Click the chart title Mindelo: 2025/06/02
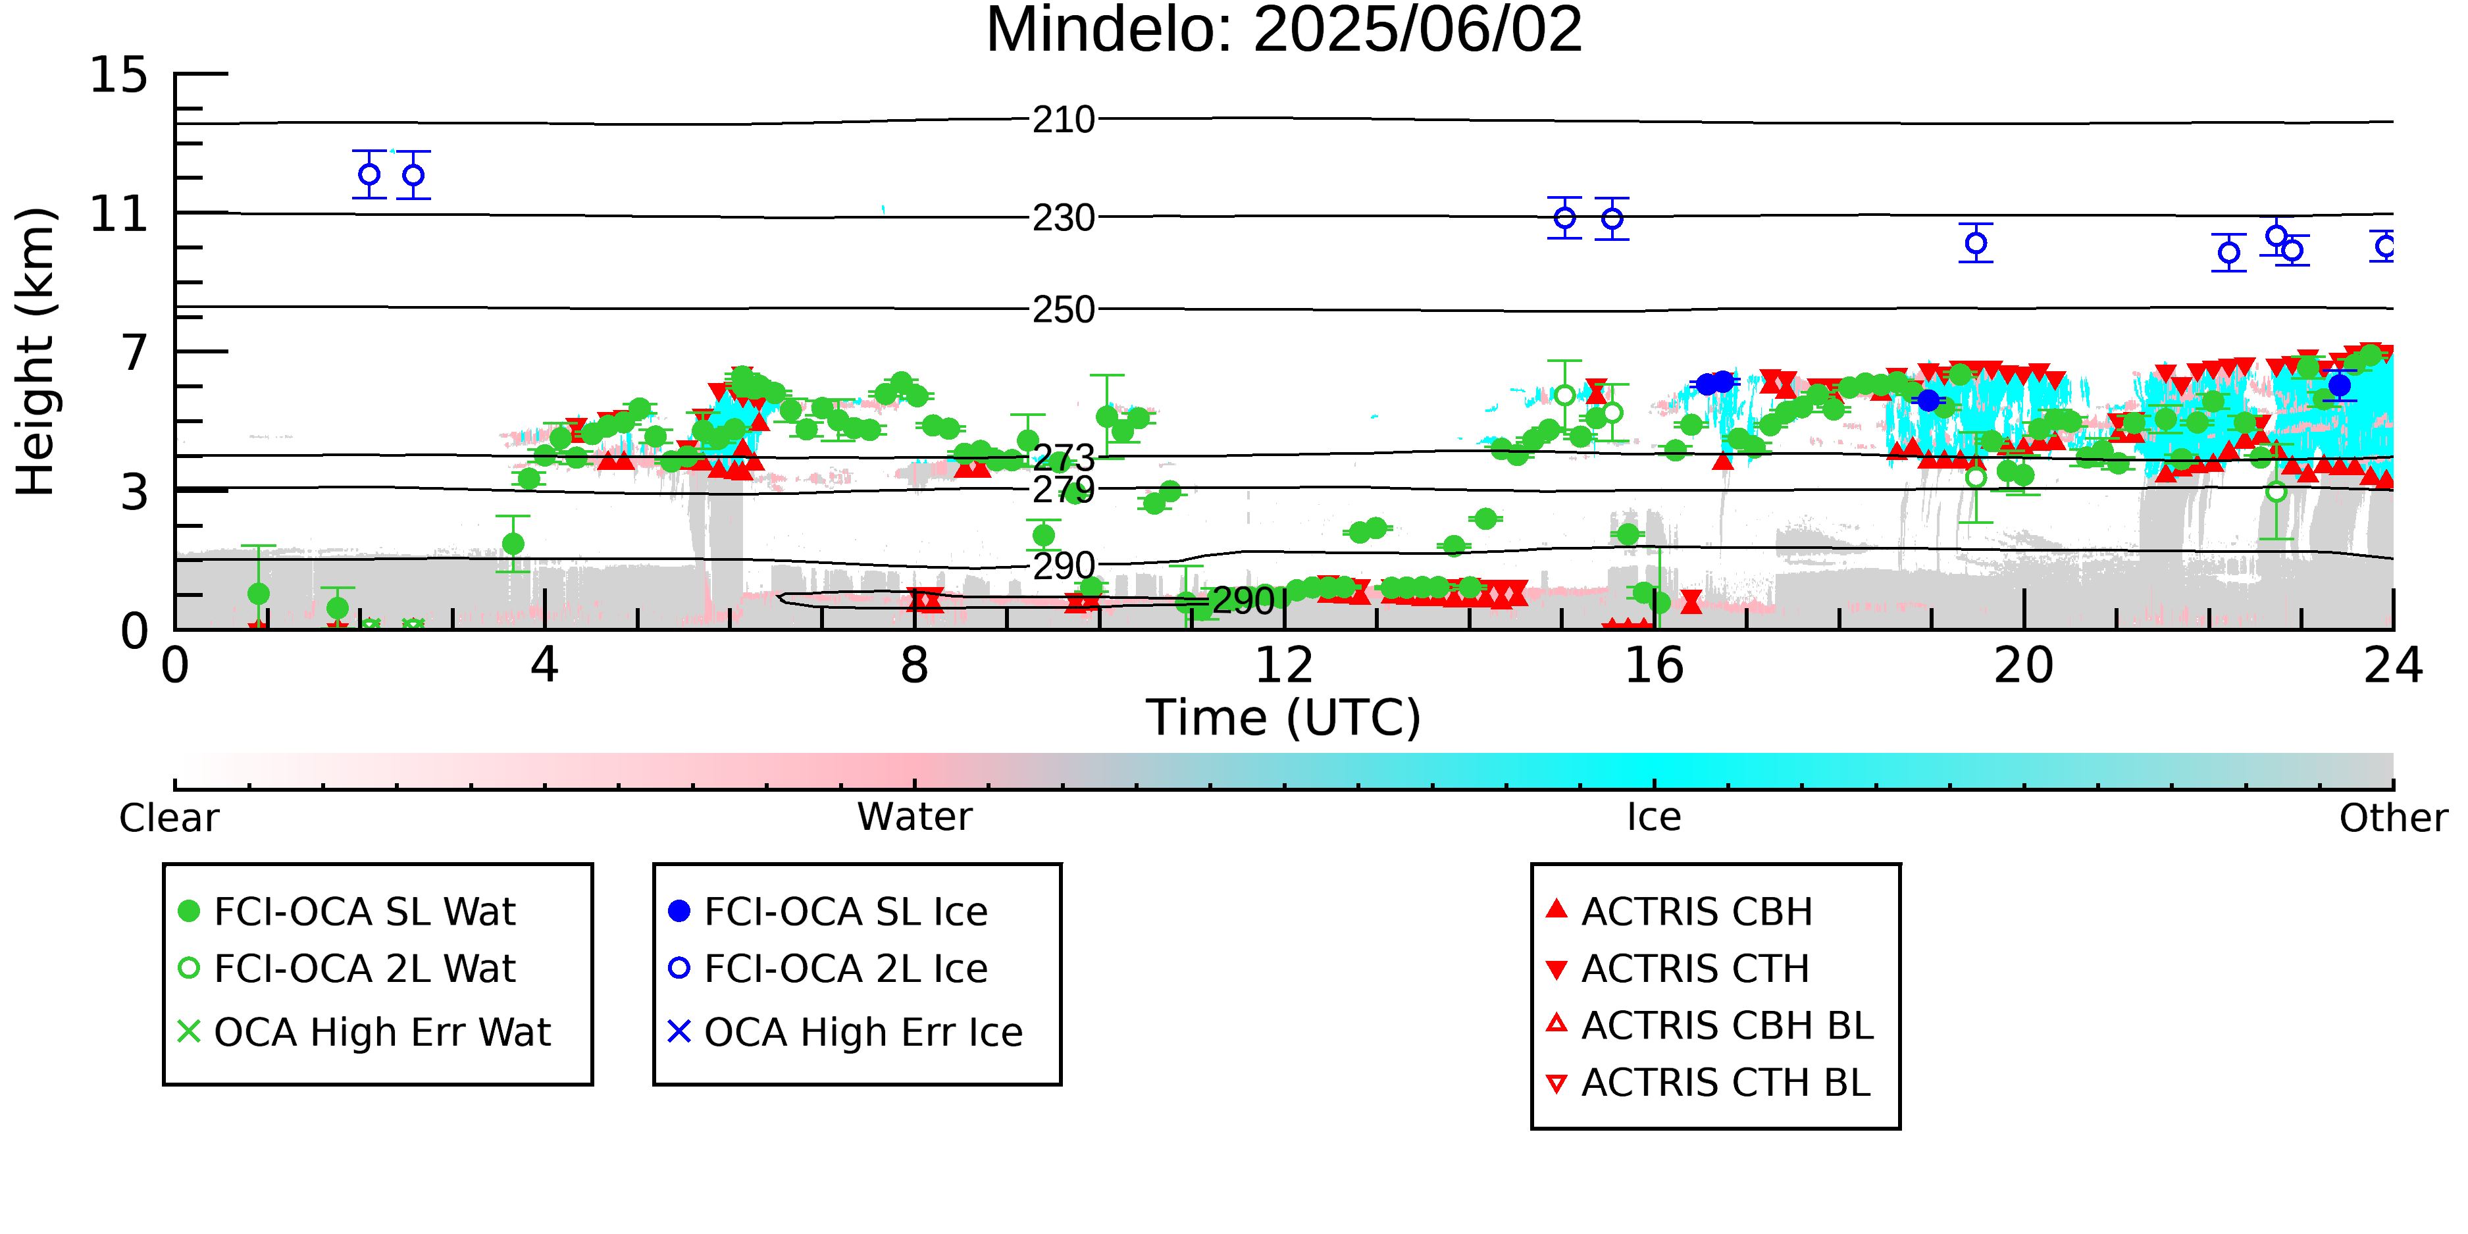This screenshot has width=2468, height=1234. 1284,31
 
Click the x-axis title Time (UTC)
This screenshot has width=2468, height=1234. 1284,717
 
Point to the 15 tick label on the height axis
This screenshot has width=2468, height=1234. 119,75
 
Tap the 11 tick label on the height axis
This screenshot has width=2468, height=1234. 119,214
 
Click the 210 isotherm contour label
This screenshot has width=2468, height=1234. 1064,120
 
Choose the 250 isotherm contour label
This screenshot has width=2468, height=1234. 1064,309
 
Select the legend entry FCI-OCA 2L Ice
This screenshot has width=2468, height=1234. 829,969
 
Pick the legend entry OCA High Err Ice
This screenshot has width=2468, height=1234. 846,1032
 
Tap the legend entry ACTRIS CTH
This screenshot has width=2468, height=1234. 1678,969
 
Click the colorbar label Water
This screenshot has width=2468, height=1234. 915,817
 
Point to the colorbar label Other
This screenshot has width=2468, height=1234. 2393,818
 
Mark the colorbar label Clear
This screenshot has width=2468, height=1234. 168,818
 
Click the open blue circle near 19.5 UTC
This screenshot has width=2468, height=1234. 1976,244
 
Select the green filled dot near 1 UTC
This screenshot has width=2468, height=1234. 258,594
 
